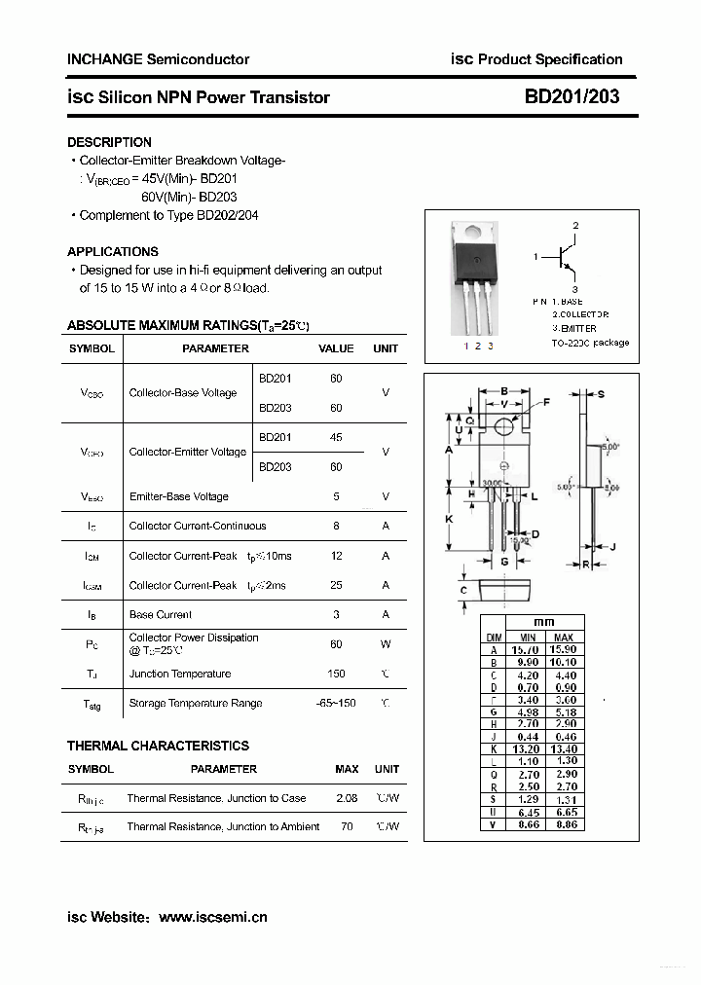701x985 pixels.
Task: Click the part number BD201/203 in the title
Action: point(572,96)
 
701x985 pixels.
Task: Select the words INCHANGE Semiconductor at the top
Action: point(158,59)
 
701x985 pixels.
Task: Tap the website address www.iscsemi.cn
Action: point(212,917)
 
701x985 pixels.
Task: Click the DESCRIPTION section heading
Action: point(109,142)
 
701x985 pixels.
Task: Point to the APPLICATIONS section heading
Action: point(113,251)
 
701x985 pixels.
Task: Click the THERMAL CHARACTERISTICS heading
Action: point(158,746)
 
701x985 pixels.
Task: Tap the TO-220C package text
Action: point(590,343)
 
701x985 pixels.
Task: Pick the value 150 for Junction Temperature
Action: point(337,674)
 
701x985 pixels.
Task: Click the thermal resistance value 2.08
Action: point(346,798)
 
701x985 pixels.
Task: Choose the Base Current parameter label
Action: point(161,614)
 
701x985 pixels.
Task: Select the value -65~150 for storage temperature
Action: point(337,703)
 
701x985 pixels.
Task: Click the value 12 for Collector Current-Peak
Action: point(337,556)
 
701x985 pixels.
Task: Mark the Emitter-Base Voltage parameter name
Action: point(179,496)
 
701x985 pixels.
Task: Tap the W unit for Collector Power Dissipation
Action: point(386,644)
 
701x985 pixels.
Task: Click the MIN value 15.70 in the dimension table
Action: point(526,649)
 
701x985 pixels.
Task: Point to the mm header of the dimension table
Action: point(544,622)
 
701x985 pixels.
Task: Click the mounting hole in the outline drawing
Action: point(504,426)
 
